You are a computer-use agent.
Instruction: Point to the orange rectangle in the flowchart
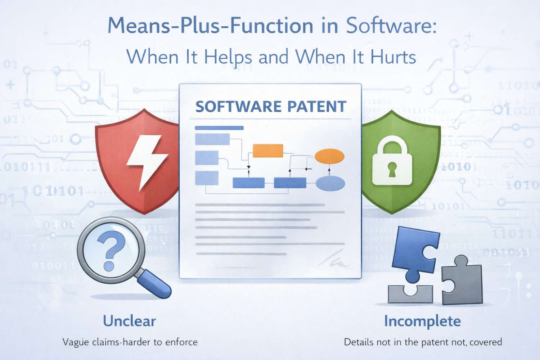[x=267, y=151]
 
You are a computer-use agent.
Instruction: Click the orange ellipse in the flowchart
[x=329, y=156]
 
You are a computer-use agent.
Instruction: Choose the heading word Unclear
[x=129, y=321]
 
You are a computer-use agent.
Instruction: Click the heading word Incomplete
[x=422, y=321]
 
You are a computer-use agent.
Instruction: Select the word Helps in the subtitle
[x=228, y=57]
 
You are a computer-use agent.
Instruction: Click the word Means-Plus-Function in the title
[x=210, y=26]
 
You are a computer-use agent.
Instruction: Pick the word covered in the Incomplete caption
[x=486, y=342]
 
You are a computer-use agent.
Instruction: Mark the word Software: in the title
[x=391, y=26]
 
